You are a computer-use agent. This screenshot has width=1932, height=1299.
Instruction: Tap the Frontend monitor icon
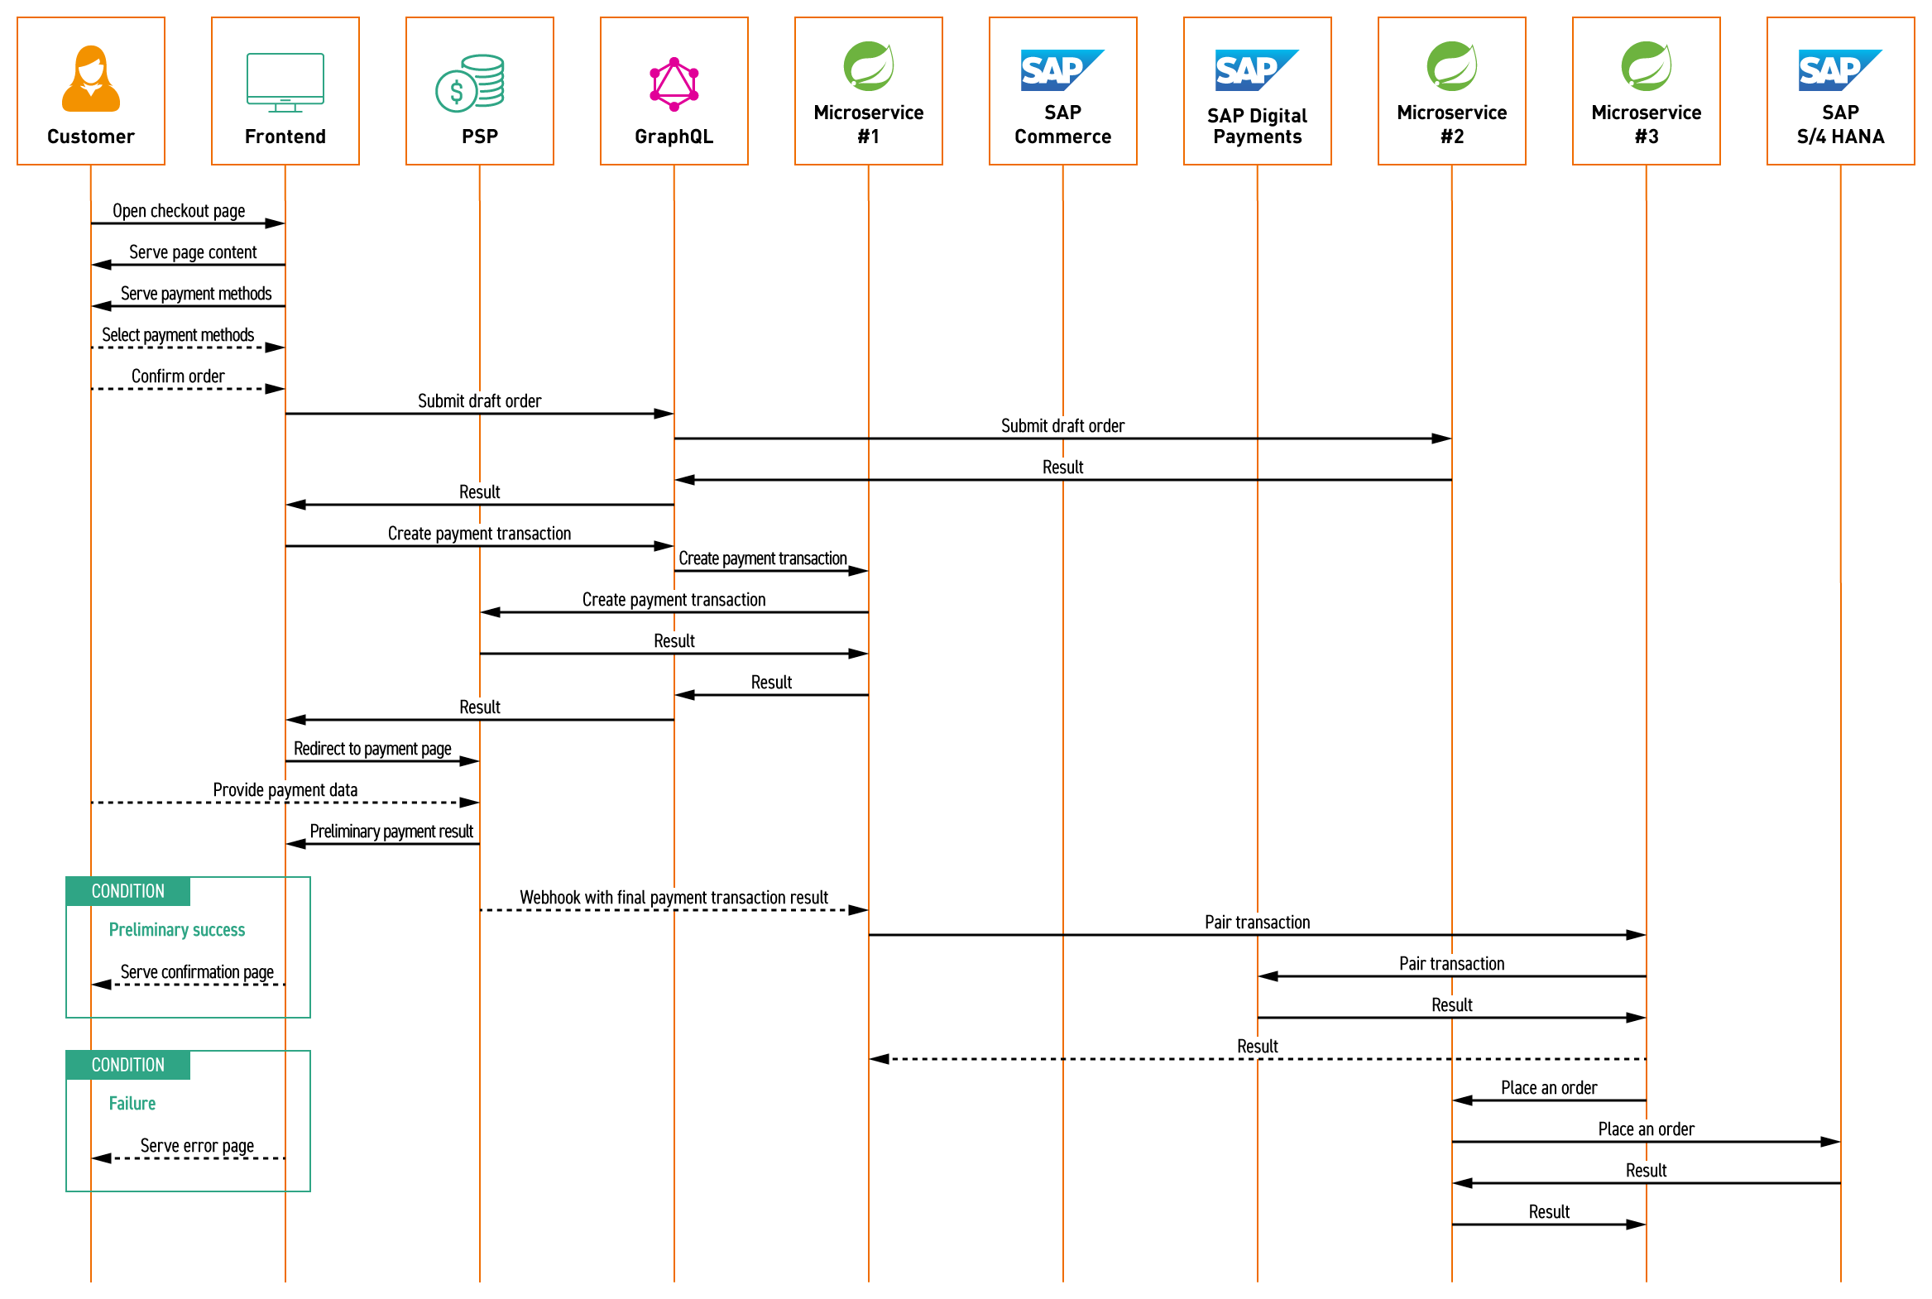point(285,82)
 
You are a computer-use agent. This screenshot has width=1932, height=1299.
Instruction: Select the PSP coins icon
point(470,83)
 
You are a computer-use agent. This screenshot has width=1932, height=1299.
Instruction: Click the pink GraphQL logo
point(674,84)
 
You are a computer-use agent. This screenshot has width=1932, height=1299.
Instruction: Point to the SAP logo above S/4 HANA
point(1839,70)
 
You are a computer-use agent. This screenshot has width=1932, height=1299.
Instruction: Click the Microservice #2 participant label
point(1451,124)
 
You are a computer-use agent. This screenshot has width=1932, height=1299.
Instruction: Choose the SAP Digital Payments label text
point(1257,126)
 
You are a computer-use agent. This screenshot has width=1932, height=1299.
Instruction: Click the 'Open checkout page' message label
point(179,211)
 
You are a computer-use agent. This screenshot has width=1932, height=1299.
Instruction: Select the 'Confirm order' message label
point(178,376)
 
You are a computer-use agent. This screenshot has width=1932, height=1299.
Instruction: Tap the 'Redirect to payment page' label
point(373,749)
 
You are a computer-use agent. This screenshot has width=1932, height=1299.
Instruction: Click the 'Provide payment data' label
point(285,790)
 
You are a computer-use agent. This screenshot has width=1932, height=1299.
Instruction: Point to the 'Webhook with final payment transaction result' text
point(674,898)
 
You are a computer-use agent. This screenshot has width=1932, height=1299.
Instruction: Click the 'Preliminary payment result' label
point(391,832)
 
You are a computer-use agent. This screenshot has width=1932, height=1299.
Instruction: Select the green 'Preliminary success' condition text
point(177,929)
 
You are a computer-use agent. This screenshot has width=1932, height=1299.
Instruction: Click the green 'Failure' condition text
point(132,1104)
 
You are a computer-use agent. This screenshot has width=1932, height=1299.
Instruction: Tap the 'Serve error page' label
point(197,1146)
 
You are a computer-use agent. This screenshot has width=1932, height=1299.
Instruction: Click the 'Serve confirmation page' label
point(197,971)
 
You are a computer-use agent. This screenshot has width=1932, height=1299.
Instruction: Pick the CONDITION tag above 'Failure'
point(128,1066)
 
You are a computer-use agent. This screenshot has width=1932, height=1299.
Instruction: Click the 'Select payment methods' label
point(178,335)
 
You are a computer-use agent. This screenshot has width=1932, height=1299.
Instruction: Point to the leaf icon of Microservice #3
point(1646,65)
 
